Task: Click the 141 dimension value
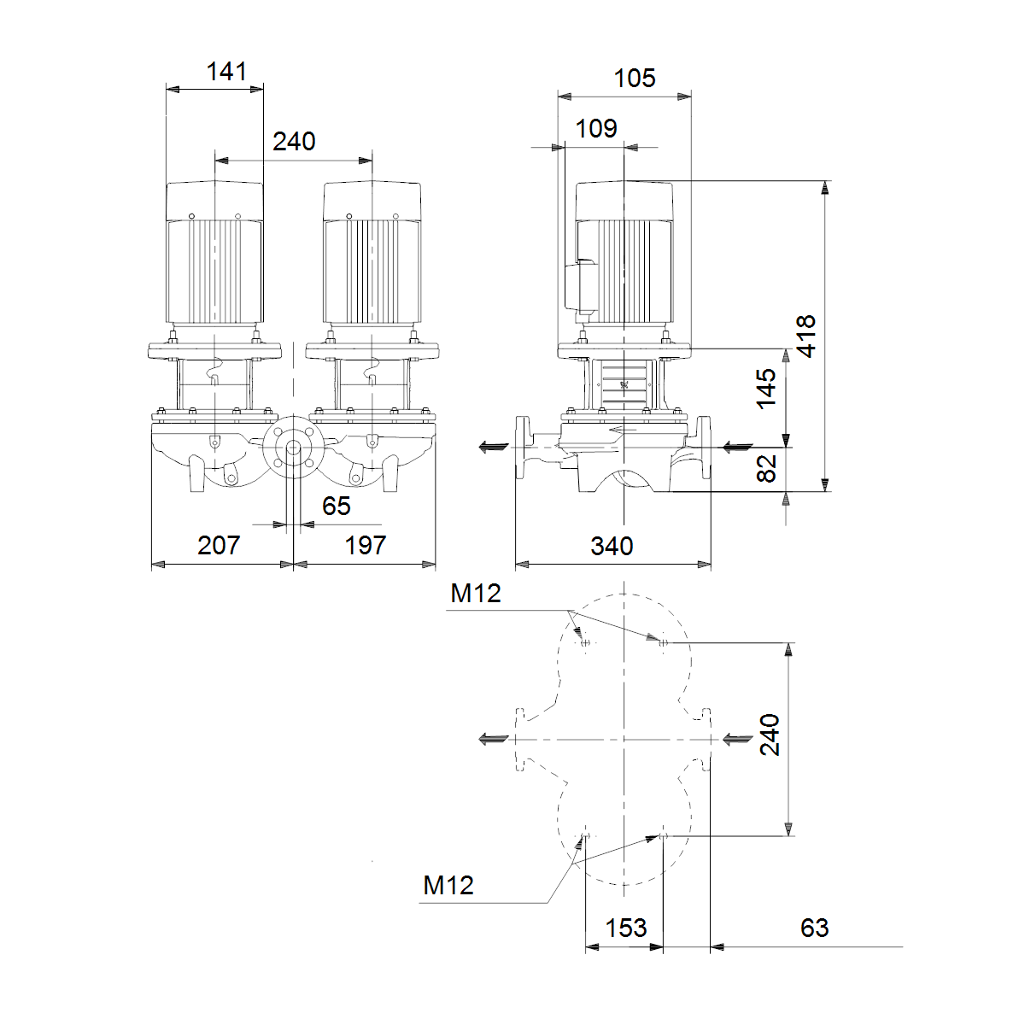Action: tap(226, 71)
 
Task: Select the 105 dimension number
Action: tap(635, 79)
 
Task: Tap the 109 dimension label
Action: tap(596, 128)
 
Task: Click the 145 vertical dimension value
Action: tap(766, 389)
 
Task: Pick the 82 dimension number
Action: tap(766, 469)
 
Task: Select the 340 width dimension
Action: tap(612, 546)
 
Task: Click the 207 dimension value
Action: tap(219, 545)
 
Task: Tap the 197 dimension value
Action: tap(365, 545)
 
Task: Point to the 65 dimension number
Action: tap(337, 506)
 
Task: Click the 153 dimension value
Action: tap(626, 928)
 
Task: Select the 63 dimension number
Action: tap(814, 928)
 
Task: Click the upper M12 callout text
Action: tap(476, 593)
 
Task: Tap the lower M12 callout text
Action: tap(448, 885)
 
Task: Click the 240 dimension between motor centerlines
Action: tap(294, 142)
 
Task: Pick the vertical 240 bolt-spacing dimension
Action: tap(769, 735)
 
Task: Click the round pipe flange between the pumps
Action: tap(294, 448)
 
